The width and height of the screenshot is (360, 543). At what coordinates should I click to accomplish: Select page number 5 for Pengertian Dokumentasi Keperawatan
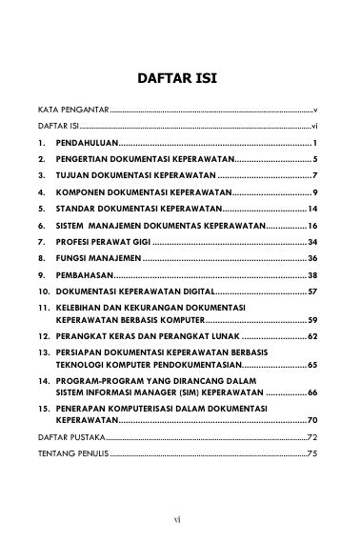click(x=313, y=159)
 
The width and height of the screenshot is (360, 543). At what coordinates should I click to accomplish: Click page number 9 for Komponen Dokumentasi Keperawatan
click(x=313, y=192)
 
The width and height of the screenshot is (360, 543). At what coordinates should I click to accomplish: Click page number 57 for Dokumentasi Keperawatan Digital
click(x=311, y=292)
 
